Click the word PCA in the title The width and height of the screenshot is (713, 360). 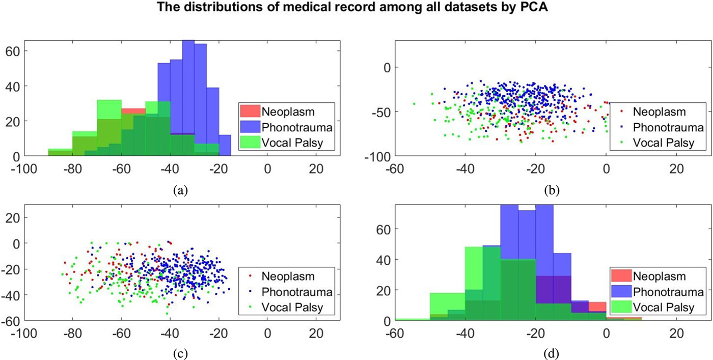click(513, 8)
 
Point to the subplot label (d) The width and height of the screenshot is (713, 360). click(552, 351)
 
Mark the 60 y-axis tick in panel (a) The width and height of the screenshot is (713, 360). click(13, 51)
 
